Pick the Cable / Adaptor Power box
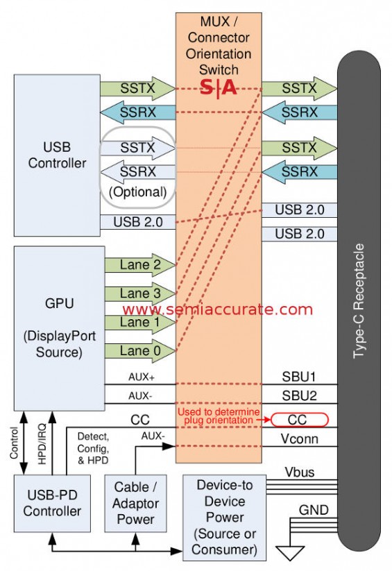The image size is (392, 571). [x=136, y=503]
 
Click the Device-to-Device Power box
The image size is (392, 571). [x=224, y=517]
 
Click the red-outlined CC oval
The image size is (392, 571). [x=298, y=419]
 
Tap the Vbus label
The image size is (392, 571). [x=299, y=472]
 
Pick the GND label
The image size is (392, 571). [x=309, y=510]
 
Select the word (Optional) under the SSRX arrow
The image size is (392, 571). [x=138, y=191]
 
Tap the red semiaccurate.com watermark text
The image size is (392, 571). [x=218, y=309]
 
